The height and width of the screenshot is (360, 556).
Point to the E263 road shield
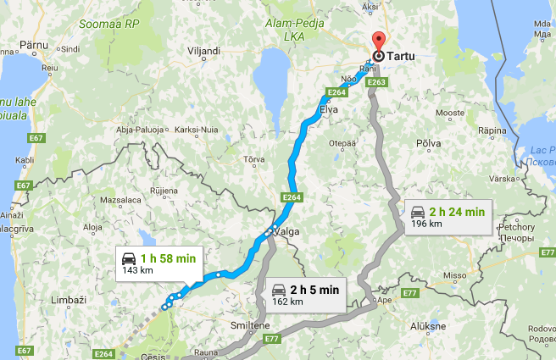pyautogui.click(x=378, y=82)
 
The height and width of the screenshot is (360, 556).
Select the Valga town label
pyautogui.click(x=287, y=231)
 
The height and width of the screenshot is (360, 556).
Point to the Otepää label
pyautogui.click(x=342, y=141)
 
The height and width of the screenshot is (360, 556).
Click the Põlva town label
pyautogui.click(x=429, y=143)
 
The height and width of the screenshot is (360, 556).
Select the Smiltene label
pyautogui.click(x=250, y=324)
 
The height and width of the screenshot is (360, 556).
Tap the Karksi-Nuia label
pyautogui.click(x=195, y=130)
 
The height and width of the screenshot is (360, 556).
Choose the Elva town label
pyautogui.click(x=331, y=108)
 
